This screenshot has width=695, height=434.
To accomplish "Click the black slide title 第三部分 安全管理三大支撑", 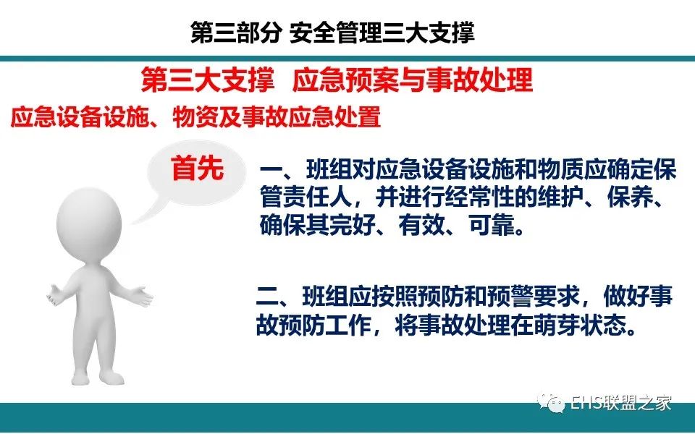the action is [x=332, y=33].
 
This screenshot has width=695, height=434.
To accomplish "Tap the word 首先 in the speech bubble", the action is [x=198, y=168].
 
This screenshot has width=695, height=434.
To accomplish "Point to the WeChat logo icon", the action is [x=551, y=401].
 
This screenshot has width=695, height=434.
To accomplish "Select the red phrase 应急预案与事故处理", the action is [x=412, y=80].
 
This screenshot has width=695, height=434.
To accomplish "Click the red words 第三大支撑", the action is [x=208, y=80].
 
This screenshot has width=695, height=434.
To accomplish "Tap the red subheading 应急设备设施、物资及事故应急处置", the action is [x=195, y=117].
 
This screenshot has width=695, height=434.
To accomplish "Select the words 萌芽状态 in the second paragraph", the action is [x=579, y=325].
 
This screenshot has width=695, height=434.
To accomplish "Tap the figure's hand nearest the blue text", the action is [x=142, y=296].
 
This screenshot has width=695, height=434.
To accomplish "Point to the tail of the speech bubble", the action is [x=141, y=213].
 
